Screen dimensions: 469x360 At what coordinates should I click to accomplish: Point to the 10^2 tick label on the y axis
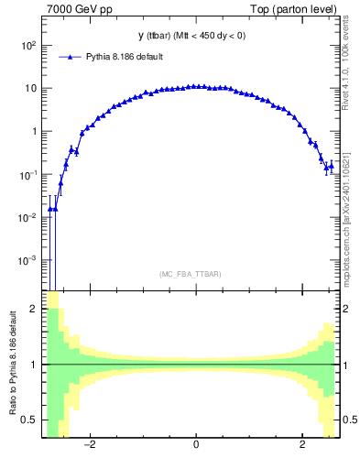pos(27,45)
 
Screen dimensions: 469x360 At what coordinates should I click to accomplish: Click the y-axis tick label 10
pos(30,88)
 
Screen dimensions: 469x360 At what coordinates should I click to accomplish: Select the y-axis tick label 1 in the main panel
pos(33,131)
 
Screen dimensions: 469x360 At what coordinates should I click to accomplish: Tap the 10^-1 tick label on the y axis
pos(27,174)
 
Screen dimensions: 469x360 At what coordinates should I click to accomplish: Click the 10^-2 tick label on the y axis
pos(27,217)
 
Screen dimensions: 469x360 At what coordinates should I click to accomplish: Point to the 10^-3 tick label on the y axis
pos(27,260)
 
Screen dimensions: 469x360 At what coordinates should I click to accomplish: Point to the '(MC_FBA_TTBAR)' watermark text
pos(195,274)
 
